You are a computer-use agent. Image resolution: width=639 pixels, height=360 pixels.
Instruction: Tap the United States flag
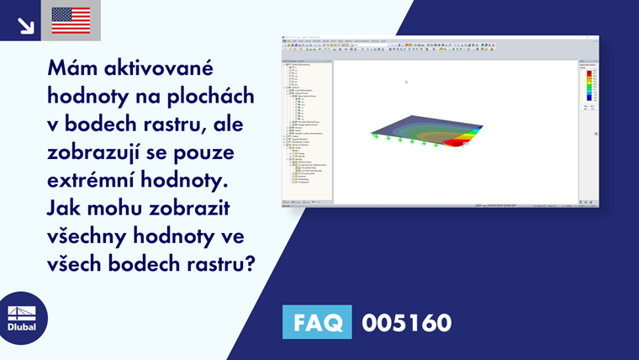tap(71, 20)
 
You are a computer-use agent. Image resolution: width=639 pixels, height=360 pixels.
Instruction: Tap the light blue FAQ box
tap(317, 322)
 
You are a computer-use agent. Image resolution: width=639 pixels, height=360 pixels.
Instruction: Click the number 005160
tap(406, 322)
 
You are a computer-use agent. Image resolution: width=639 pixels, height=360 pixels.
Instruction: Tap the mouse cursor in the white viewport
tap(406, 82)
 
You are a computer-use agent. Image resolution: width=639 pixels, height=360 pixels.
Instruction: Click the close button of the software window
tap(596, 37)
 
